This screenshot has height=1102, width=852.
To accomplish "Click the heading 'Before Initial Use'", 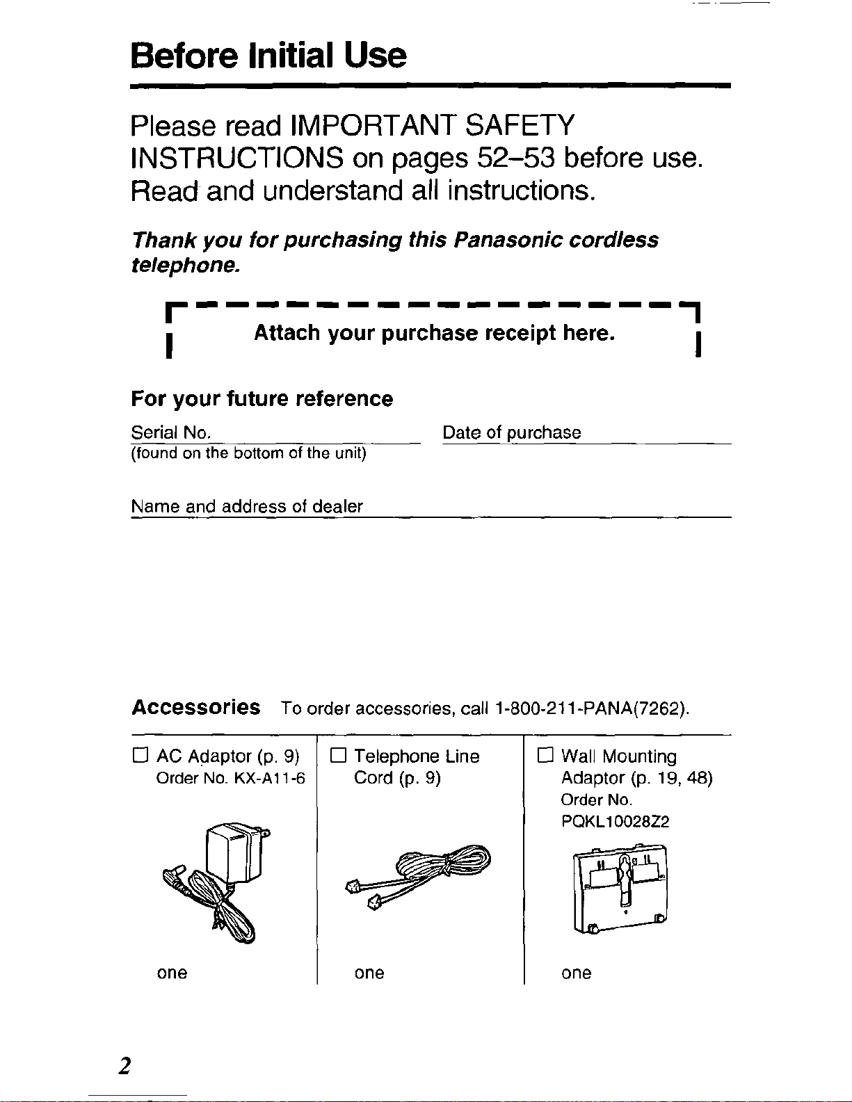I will tap(268, 56).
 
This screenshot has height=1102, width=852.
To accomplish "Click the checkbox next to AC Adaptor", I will tap(140, 756).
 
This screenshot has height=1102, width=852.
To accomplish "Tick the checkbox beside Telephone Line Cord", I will tap(338, 756).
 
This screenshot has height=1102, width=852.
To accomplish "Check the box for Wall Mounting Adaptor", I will tap(545, 756).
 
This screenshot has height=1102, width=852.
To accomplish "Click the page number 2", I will tap(124, 1065).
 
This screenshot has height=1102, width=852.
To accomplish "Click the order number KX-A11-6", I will tap(269, 778).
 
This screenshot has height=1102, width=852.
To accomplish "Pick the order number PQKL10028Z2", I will tap(615, 822).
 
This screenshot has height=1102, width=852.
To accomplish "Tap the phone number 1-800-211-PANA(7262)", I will tap(591, 708).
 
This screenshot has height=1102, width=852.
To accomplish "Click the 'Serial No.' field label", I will tap(170, 432).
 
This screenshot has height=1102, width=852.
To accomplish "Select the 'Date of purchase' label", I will tap(511, 432).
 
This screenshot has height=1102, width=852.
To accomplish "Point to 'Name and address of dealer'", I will tap(247, 506).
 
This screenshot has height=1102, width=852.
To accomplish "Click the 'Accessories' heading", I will tap(196, 707).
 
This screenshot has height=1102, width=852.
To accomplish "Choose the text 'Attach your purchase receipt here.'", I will tap(434, 333).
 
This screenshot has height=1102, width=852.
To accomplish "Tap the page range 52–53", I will tap(516, 159).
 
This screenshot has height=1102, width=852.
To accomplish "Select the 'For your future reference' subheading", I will tap(262, 398).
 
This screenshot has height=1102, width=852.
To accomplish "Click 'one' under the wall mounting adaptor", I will tap(576, 973).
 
